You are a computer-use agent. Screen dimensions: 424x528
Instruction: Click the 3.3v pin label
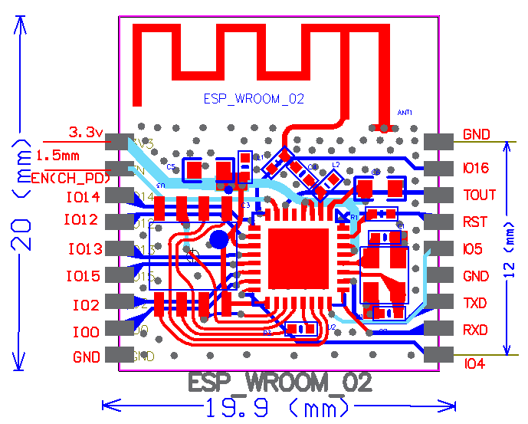pos(86,133)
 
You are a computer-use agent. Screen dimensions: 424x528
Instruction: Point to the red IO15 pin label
pos(83,276)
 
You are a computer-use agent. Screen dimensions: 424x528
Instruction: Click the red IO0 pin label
pos(85,332)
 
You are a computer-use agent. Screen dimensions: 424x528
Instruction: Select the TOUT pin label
pos(479,196)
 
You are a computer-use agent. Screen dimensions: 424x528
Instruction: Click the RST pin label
pos(475,222)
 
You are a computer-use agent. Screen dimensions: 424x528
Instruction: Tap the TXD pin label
pos(475,304)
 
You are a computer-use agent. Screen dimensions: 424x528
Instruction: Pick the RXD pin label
pos(476,330)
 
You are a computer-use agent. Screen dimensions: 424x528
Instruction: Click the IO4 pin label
pos(474,365)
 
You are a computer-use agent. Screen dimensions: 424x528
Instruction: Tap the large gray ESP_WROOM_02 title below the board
pos(280,383)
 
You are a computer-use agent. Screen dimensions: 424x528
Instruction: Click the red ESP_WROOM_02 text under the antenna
pos(254,99)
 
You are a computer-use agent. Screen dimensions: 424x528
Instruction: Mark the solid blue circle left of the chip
pos(219,239)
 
